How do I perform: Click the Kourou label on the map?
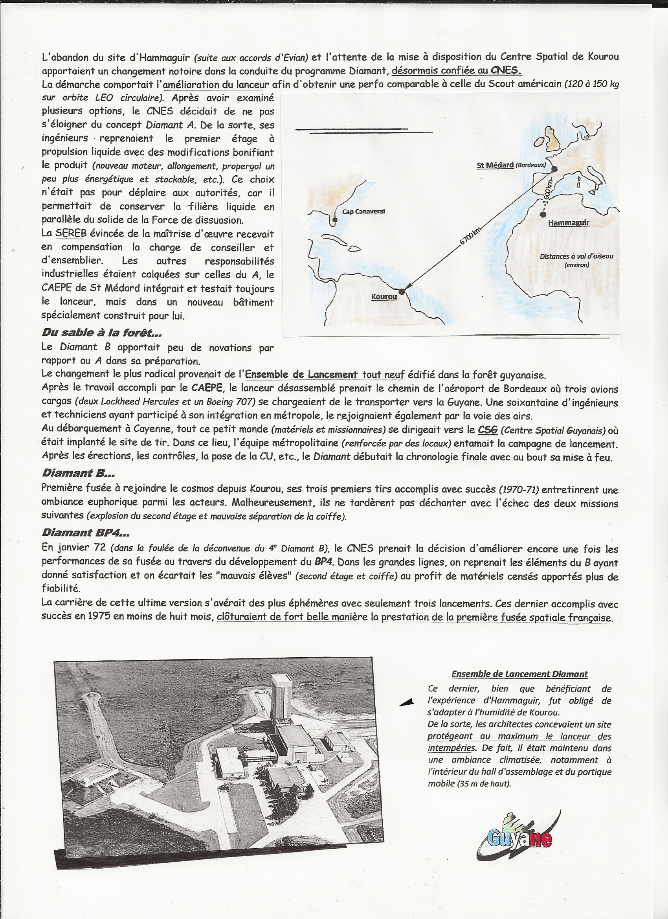[384, 297]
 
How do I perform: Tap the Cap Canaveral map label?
[363, 211]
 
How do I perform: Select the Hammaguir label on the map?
[568, 223]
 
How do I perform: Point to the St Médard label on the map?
[495, 165]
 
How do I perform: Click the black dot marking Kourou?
[402, 291]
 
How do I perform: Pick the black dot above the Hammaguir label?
[543, 214]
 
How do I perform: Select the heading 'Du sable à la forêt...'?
[102, 333]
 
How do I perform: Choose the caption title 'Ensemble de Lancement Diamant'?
[519, 674]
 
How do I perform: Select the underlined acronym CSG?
[487, 430]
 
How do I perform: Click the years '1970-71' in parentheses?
[519, 489]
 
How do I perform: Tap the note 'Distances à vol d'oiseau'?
[576, 256]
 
